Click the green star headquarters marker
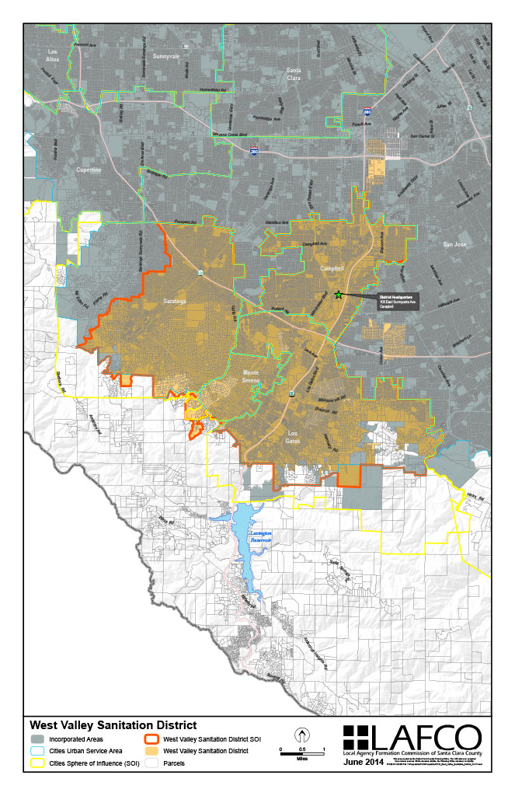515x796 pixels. pos(338,295)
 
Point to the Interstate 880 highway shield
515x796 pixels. pos(367,112)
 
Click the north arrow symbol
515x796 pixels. pos(301,735)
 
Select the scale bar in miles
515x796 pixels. pos(301,753)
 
